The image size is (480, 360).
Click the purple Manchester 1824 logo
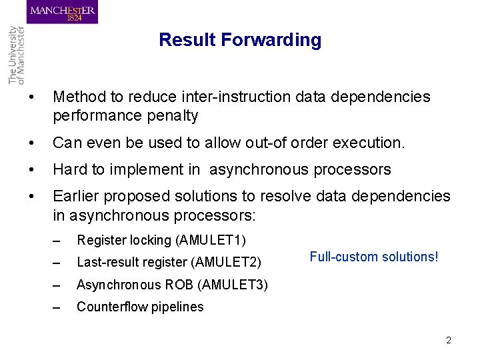click(x=62, y=13)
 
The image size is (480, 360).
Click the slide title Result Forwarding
click(x=240, y=40)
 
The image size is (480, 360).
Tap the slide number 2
click(x=449, y=340)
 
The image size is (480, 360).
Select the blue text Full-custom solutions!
click(x=374, y=257)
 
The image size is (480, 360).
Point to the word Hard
click(x=69, y=169)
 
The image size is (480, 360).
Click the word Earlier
click(x=77, y=197)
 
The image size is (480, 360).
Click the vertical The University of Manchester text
click(x=15, y=54)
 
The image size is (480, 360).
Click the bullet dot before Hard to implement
click(x=23, y=169)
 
